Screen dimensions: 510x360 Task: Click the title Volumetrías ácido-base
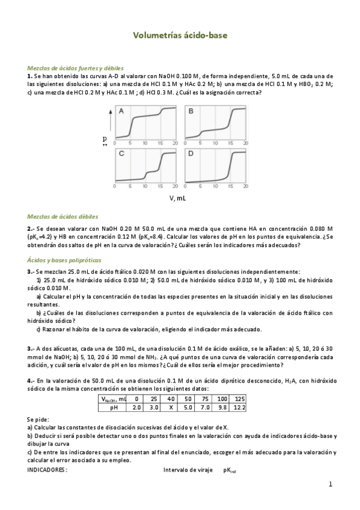pos(180,36)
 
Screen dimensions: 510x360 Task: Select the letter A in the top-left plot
pos(121,111)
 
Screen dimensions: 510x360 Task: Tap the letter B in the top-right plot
pos(191,111)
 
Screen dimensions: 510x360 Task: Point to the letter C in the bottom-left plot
pos(121,154)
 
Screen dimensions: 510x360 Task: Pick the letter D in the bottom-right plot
pos(191,154)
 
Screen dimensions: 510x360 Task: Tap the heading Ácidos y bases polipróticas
pos(65,259)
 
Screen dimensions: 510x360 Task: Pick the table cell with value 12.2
pos(239,407)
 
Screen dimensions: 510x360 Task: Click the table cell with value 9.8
pos(222,407)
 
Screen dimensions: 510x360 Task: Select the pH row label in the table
pos(114,407)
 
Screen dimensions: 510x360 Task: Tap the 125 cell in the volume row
pos(239,399)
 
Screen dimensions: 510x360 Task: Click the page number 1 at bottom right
pos(330,484)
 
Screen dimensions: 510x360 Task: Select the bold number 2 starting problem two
pos(29,229)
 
